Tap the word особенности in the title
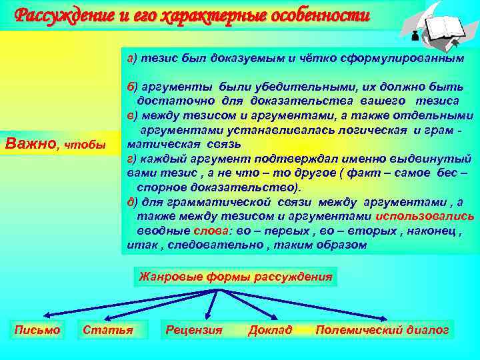click(331, 14)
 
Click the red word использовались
click(425, 216)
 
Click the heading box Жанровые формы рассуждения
click(235, 276)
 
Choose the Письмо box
click(37, 329)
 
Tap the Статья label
click(107, 329)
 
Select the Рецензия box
click(194, 329)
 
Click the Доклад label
click(269, 329)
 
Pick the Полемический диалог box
click(382, 329)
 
